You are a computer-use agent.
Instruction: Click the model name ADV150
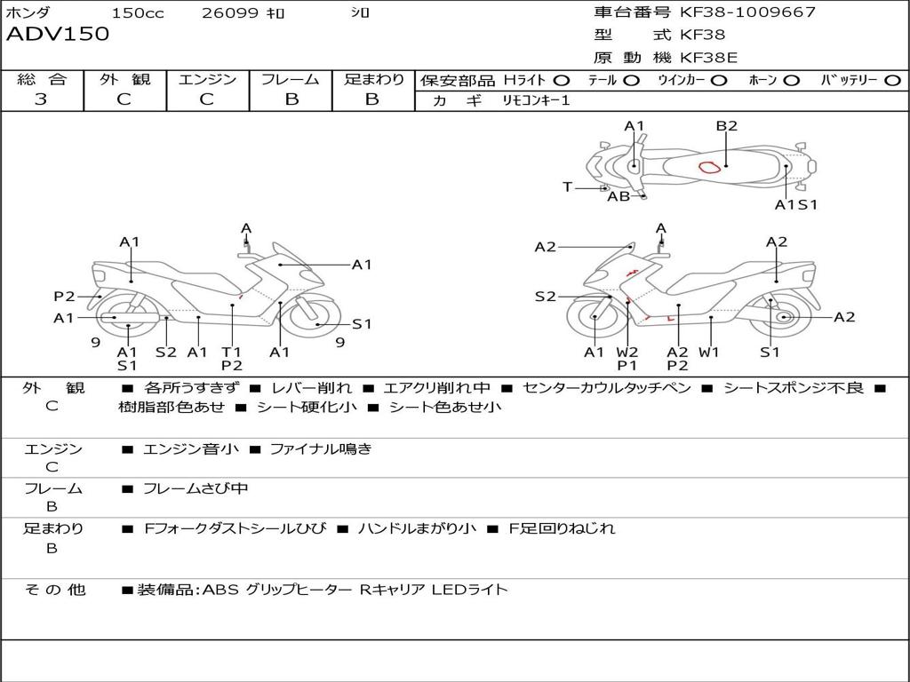pos(58,34)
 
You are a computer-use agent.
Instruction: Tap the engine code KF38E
pos(708,58)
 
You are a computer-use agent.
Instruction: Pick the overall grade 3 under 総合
pos(41,99)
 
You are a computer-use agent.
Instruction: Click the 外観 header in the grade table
pos(124,79)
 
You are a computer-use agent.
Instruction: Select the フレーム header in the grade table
pos(291,79)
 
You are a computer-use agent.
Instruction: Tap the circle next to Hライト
pos(562,81)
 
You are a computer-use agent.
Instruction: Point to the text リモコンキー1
pos(536,100)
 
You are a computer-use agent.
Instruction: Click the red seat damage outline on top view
pos(709,168)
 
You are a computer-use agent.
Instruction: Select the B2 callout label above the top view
pos(726,126)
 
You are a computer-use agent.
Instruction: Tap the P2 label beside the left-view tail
pos(64,297)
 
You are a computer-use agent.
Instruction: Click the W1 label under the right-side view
pos(708,352)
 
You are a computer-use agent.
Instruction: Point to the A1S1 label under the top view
pos(796,205)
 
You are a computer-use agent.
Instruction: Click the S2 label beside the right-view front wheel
pos(546,297)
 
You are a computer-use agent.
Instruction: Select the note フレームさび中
pos(196,489)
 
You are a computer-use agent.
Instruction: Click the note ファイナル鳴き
pos(320,448)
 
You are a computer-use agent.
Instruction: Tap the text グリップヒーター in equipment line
pos(299,590)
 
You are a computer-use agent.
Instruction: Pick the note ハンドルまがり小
pos(417,528)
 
